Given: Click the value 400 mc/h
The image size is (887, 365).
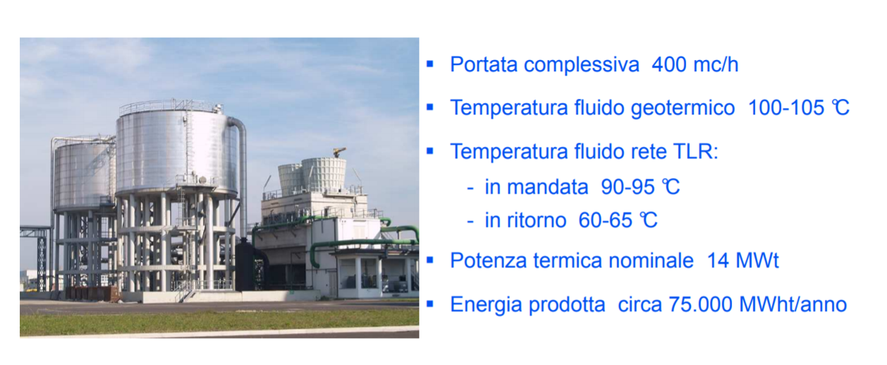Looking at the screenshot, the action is tap(695, 64).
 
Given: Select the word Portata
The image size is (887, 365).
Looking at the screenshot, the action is tap(484, 64).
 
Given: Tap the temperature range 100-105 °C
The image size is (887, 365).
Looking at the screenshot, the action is tap(799, 108).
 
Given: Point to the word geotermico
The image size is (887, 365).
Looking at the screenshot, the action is tap(683, 109).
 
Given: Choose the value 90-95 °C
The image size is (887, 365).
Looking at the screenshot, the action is tap(640, 186).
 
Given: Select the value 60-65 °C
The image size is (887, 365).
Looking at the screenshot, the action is tap(618, 220).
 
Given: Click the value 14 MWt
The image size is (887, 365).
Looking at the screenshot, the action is tap(742, 261).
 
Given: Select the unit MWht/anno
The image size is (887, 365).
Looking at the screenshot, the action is tap(793, 304).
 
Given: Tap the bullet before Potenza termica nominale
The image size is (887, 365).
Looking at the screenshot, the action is tap(430, 261).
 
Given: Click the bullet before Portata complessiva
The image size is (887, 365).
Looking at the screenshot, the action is tap(430, 64).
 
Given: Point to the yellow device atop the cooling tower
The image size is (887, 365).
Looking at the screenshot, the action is tap(338, 152).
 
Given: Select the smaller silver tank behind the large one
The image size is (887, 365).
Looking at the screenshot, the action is tap(84, 174).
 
